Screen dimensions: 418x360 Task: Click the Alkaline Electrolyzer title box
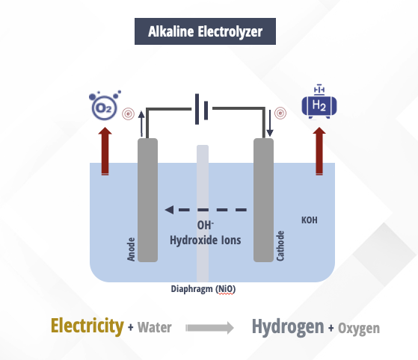pyautogui.click(x=205, y=31)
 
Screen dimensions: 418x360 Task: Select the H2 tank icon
pyautogui.click(x=319, y=102)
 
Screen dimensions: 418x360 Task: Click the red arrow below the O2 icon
pyautogui.click(x=105, y=151)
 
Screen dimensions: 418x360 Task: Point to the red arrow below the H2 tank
pyautogui.click(x=319, y=151)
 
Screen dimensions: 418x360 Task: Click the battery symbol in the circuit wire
pyautogui.click(x=202, y=109)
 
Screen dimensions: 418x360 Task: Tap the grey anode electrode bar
pyautogui.click(x=148, y=200)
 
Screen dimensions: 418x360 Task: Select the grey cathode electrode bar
pyautogui.click(x=263, y=200)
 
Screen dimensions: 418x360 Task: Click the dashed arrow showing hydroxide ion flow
pyautogui.click(x=206, y=210)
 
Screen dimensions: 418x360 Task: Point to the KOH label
pyautogui.click(x=310, y=220)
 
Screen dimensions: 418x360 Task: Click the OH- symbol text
pyautogui.click(x=206, y=226)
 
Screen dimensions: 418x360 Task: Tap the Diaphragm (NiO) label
pyautogui.click(x=203, y=289)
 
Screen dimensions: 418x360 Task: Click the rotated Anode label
pyautogui.click(x=131, y=249)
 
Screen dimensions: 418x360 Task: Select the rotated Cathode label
pyautogui.click(x=280, y=246)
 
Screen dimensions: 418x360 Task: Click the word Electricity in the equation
pyautogui.click(x=87, y=326)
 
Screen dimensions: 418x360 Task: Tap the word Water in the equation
pyautogui.click(x=155, y=327)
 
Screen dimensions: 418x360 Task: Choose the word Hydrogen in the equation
pyautogui.click(x=288, y=326)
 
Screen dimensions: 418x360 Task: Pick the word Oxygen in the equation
pyautogui.click(x=359, y=329)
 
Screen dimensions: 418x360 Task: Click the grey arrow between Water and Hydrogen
pyautogui.click(x=210, y=328)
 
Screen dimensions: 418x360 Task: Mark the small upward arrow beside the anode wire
pyautogui.click(x=141, y=124)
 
